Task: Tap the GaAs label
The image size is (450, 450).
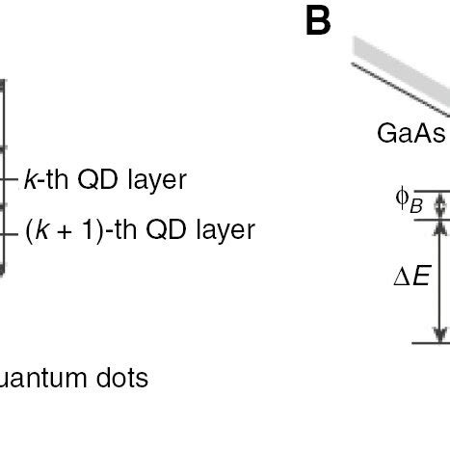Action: pos(410,160)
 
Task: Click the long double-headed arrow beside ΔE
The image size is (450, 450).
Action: pos(441,280)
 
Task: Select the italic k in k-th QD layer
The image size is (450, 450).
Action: pos(29,179)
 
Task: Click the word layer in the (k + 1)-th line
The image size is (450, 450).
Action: pos(223,230)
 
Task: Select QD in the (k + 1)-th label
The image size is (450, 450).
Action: pos(166,230)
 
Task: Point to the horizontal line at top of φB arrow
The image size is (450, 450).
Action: pos(430,191)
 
